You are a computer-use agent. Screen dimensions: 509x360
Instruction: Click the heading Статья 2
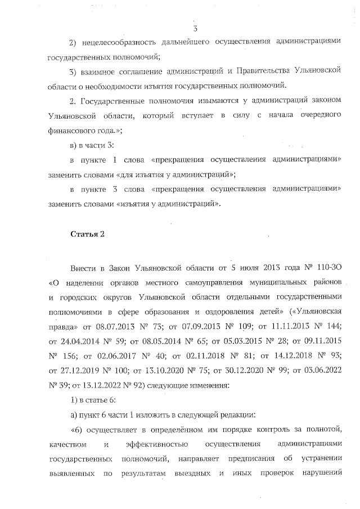87,233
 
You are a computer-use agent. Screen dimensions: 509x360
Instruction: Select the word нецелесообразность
123,43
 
